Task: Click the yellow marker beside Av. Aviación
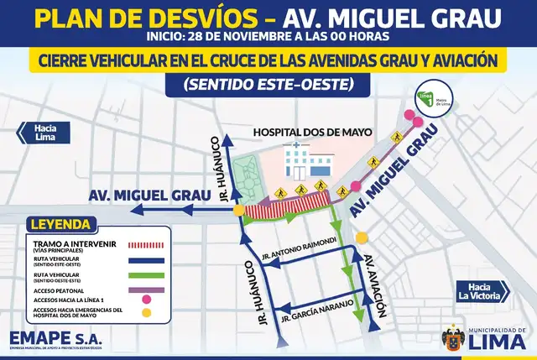point(362,237)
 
